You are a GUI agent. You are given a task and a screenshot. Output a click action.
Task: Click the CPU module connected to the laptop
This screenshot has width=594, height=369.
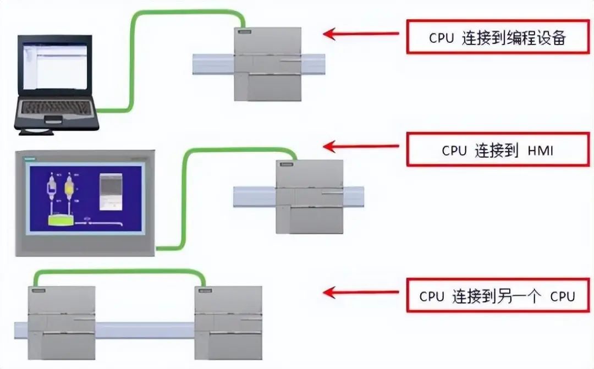tap(268, 65)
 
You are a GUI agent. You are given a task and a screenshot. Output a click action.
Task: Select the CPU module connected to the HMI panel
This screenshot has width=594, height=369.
tap(309, 197)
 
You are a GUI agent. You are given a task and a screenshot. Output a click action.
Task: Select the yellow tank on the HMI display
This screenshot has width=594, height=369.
tap(69, 190)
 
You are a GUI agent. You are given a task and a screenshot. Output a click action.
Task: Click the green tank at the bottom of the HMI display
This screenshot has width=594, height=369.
tap(61, 221)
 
